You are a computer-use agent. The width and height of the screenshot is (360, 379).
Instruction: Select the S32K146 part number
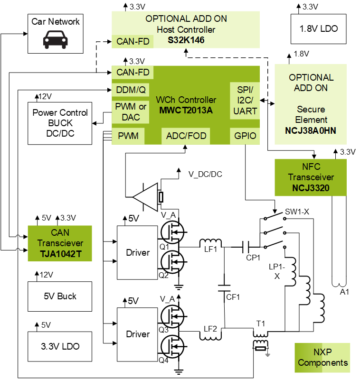[x=186, y=40]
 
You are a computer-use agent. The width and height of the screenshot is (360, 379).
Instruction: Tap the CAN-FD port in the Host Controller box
[x=133, y=41]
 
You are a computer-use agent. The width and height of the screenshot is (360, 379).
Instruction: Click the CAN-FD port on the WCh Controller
[x=133, y=72]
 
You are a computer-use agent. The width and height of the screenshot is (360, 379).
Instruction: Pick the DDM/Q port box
[x=131, y=90]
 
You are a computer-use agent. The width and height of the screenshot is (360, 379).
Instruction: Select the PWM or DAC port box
[x=131, y=112]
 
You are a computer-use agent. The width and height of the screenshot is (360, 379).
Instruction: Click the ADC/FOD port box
[x=186, y=136]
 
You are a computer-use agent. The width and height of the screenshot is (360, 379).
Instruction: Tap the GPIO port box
[x=245, y=136]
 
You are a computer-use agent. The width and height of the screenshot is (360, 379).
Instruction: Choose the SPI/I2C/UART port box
[x=245, y=101]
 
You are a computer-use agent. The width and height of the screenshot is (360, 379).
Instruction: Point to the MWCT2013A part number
[x=186, y=111]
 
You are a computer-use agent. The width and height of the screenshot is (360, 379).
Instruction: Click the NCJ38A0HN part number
[x=311, y=130]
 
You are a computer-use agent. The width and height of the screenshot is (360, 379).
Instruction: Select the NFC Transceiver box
[x=311, y=177]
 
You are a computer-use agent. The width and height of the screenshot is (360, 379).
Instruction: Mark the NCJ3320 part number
[x=311, y=188]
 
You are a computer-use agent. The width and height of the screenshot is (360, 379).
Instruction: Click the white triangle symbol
[x=147, y=197]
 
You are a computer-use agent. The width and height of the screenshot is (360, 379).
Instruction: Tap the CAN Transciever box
[x=60, y=243]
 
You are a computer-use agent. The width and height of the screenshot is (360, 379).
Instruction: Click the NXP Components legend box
[x=322, y=358]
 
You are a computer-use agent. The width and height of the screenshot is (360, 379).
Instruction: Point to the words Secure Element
[x=311, y=114]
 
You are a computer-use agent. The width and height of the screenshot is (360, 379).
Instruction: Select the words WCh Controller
[x=186, y=100]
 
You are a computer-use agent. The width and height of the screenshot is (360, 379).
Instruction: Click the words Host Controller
[x=186, y=29]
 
